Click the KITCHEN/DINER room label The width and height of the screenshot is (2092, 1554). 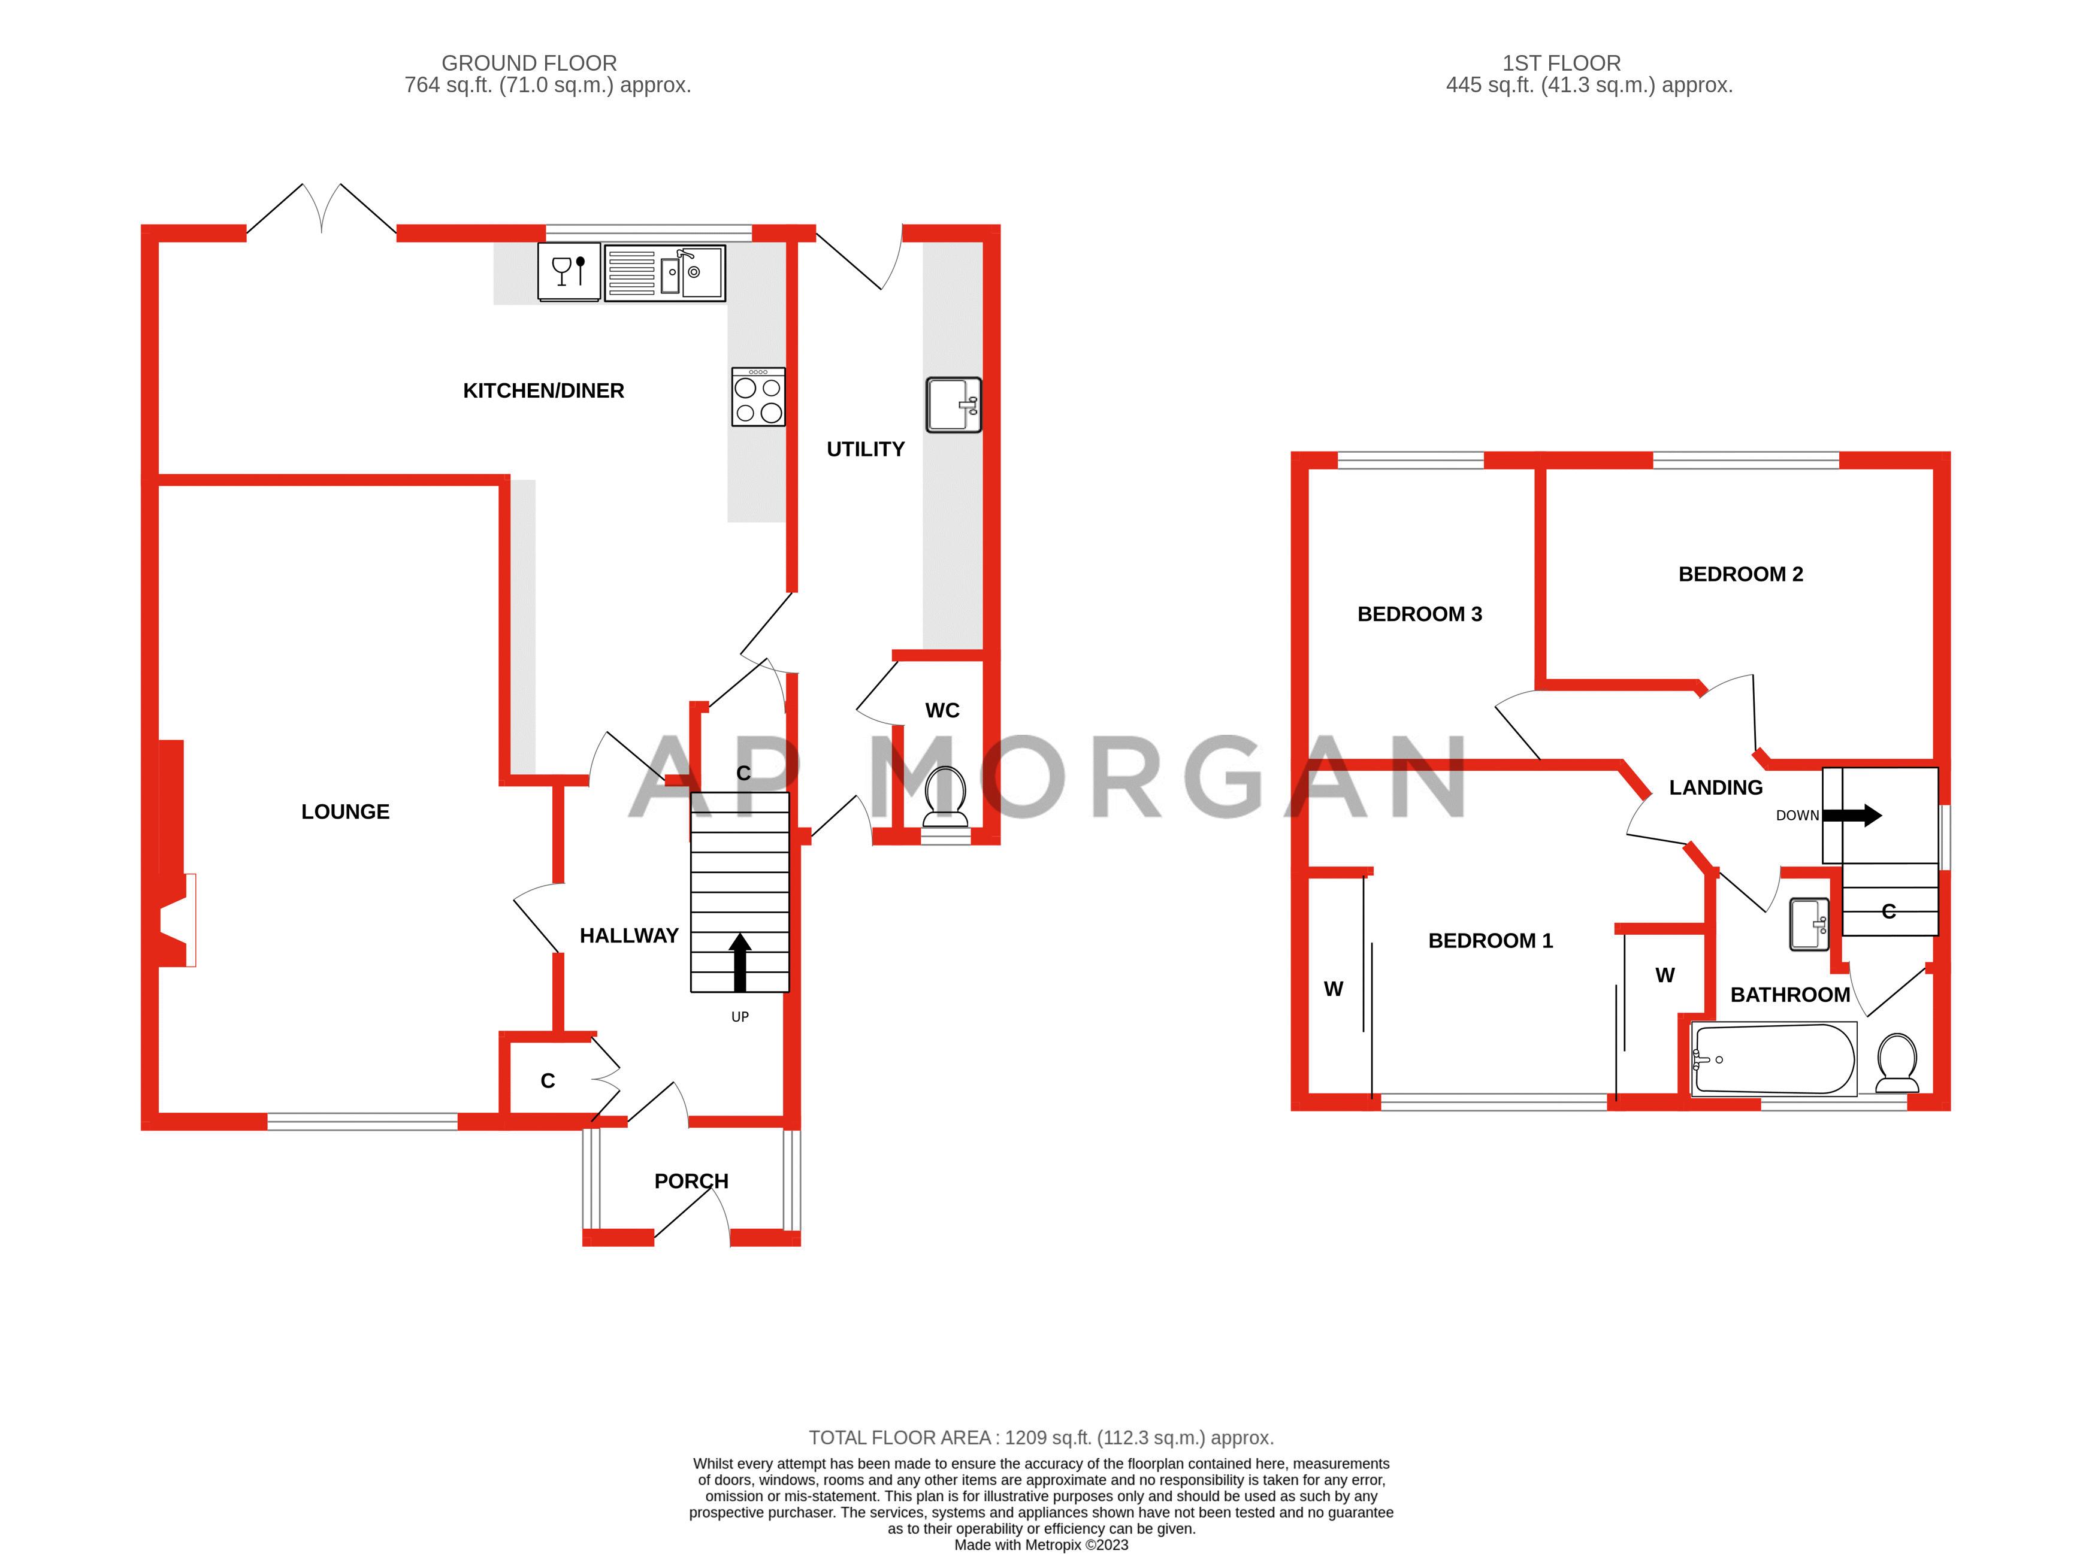543,390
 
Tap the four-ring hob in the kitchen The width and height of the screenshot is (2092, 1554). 758,397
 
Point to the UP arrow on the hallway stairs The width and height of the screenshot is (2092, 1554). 740,961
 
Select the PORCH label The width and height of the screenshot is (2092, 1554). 691,1180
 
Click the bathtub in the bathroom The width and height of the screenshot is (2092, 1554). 1773,1059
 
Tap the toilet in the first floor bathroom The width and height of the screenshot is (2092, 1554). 1896,1063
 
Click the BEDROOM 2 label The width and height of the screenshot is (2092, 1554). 1740,574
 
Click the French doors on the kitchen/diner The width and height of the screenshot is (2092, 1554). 321,209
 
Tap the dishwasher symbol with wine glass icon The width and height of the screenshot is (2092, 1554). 569,272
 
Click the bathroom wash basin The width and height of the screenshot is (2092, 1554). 1808,924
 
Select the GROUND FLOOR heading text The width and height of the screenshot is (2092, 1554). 529,63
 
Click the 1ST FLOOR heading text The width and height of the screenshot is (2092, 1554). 1561,63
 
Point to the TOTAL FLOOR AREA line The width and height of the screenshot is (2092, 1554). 1041,1437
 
